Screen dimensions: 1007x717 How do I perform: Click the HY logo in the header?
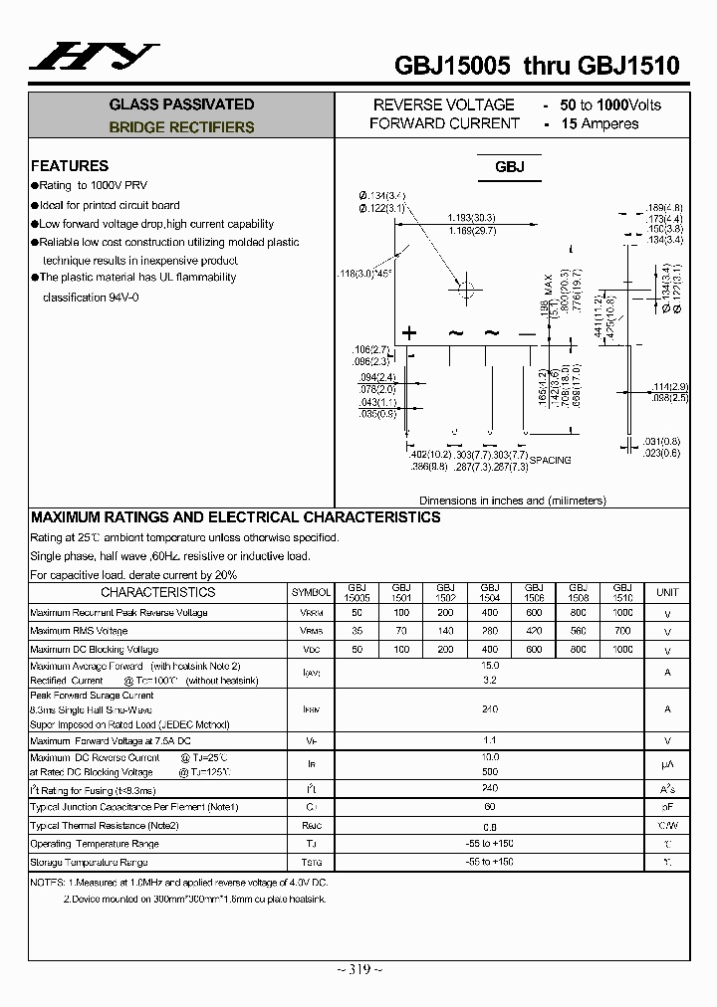93,57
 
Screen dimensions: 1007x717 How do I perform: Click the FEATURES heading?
70,166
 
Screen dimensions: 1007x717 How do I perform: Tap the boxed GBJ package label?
509,167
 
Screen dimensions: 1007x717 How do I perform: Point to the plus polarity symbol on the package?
408,333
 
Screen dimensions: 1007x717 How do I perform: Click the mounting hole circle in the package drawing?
465,290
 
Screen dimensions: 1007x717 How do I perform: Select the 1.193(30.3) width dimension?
471,217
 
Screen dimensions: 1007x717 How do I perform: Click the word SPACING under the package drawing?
550,460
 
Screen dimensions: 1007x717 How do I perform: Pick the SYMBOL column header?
311,592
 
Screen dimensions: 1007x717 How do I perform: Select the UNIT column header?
667,592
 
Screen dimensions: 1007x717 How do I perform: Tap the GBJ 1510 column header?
622,592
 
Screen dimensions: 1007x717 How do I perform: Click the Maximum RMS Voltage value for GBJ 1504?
490,631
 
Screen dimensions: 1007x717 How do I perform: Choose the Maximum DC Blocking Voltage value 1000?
622,649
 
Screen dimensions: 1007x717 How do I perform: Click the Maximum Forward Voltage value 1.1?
490,741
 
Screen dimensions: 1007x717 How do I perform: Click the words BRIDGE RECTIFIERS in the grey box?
181,127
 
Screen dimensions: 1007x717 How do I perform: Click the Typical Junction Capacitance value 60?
490,807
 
